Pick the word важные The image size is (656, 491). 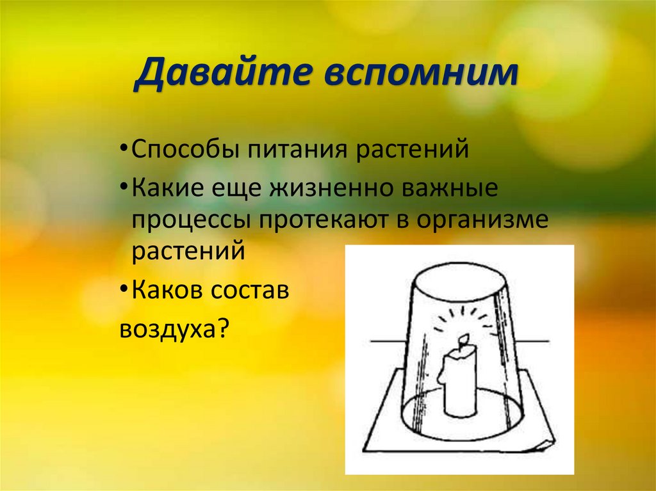coord(450,189)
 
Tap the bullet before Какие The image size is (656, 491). coord(123,190)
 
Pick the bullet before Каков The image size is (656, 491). coord(123,291)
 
